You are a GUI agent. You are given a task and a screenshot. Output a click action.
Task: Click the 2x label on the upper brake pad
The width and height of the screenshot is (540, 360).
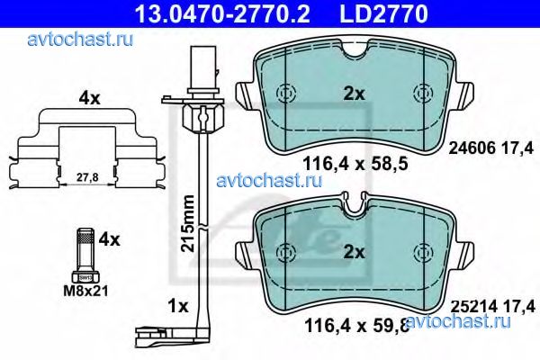click(354, 93)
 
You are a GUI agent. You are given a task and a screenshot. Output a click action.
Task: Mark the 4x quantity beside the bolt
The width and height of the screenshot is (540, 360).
click(109, 239)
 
